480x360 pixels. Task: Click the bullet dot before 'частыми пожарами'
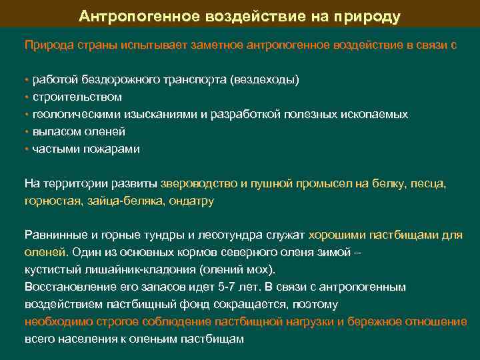click(27, 149)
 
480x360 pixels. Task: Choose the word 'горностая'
click(51, 201)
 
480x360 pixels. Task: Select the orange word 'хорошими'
click(335, 235)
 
